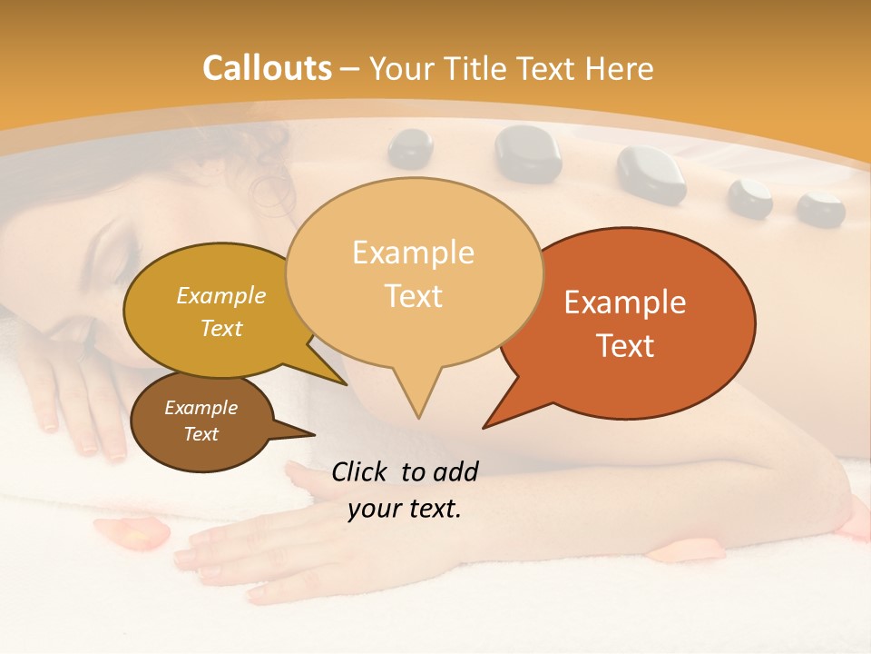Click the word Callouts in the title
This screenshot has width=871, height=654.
pyautogui.click(x=267, y=68)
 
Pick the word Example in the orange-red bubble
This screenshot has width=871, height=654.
pyautogui.click(x=625, y=302)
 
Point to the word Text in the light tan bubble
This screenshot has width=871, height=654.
pyautogui.click(x=414, y=296)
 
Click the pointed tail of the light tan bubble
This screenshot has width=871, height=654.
pyautogui.click(x=417, y=404)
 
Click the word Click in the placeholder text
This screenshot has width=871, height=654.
pyautogui.click(x=360, y=471)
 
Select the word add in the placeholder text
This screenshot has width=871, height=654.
pyautogui.click(x=455, y=471)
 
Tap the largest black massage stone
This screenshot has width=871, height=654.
pyautogui.click(x=529, y=152)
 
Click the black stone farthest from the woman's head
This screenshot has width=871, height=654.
pyautogui.click(x=820, y=208)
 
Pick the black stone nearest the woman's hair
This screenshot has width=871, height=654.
pyautogui.click(x=410, y=147)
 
